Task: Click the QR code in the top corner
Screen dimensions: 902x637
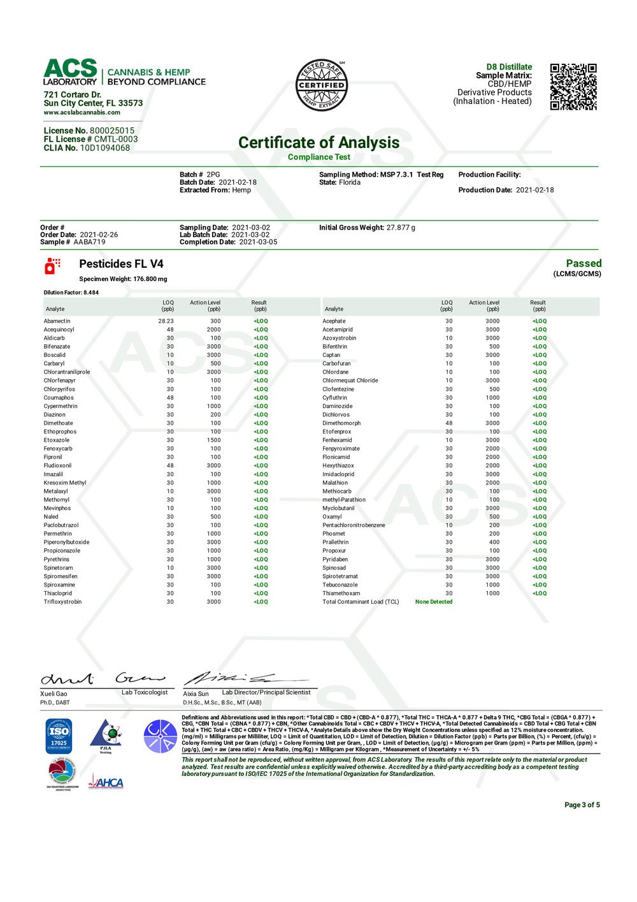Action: pyautogui.click(x=573, y=87)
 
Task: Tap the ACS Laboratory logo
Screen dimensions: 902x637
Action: pyautogui.click(x=124, y=73)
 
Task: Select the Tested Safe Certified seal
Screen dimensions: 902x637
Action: pyautogui.click(x=322, y=85)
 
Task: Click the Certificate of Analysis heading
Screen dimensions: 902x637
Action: pyautogui.click(x=318, y=142)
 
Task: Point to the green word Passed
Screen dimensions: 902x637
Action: pyautogui.click(x=583, y=263)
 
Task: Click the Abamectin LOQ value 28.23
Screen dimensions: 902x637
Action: pyautogui.click(x=166, y=321)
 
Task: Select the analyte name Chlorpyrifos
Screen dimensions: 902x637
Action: pyautogui.click(x=59, y=389)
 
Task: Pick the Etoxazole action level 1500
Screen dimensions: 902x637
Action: pyautogui.click(x=213, y=440)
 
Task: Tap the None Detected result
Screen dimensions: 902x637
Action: pyautogui.click(x=434, y=602)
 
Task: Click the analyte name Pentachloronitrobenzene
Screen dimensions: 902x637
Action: pyautogui.click(x=354, y=525)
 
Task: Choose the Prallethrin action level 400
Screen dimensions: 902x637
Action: pyautogui.click(x=494, y=542)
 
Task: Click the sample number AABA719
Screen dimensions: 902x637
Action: pyautogui.click(x=90, y=242)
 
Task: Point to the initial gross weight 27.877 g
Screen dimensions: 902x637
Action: pyautogui.click(x=401, y=228)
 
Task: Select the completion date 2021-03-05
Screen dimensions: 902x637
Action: pyautogui.click(x=258, y=242)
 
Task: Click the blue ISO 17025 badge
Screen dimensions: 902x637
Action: pyautogui.click(x=59, y=736)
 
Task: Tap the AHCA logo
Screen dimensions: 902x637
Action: pyautogui.click(x=106, y=782)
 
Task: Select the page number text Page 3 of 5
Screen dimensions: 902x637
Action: pyautogui.click(x=582, y=805)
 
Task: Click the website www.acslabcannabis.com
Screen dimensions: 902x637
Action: pyautogui.click(x=82, y=112)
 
